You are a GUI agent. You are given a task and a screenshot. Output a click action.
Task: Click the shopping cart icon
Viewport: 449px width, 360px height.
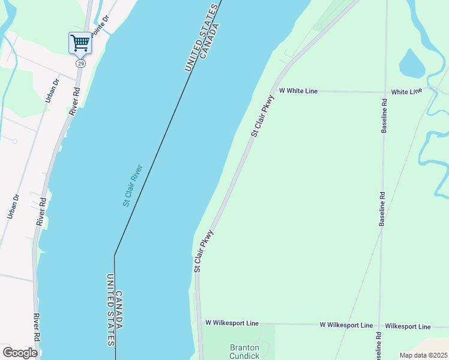coord(80,43)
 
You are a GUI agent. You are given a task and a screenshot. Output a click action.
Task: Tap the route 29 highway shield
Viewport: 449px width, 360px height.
coord(80,63)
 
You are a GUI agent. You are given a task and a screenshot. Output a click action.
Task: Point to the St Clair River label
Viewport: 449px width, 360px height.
coord(131,185)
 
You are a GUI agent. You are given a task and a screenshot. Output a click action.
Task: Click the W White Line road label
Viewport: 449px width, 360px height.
coord(298,91)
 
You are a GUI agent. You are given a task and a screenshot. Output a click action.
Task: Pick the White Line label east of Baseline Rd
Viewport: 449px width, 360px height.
coord(406,91)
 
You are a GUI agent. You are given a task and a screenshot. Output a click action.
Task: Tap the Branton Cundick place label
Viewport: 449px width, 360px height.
coord(245,352)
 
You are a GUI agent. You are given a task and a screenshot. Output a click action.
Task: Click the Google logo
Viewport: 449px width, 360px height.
coord(20,353)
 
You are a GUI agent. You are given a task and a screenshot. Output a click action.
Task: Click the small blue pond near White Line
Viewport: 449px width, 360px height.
coord(411,64)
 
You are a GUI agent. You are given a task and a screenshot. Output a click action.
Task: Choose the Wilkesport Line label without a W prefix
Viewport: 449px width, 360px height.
coord(408,326)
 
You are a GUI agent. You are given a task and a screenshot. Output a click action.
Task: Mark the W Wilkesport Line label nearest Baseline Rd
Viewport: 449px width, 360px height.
coord(346,325)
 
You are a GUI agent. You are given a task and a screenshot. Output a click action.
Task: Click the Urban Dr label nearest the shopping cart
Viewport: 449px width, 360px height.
coord(52,90)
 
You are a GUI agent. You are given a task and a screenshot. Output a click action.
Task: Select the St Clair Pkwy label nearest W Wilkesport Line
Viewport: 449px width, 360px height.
coord(203,251)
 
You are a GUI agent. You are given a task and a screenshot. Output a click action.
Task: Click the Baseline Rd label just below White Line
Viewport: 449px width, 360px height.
coord(384,116)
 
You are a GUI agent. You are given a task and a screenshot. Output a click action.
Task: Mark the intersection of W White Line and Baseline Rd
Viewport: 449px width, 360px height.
coord(384,92)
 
